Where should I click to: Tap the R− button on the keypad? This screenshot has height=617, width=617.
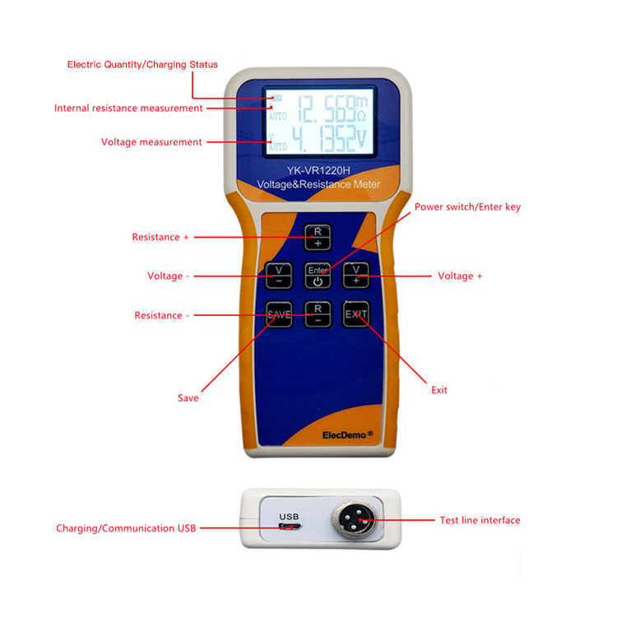click(318, 314)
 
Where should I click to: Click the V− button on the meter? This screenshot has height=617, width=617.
click(278, 275)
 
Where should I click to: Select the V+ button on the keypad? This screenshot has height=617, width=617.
click(356, 275)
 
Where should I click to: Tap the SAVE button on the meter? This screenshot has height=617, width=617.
click(278, 314)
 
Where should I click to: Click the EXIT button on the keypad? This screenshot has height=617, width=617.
click(356, 314)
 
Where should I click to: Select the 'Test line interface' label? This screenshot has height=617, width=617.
click(480, 520)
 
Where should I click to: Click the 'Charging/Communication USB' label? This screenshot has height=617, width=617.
click(126, 528)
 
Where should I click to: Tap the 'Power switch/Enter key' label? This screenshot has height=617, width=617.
click(467, 206)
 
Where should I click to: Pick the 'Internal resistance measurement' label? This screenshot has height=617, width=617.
click(128, 108)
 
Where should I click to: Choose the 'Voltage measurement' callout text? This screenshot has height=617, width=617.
click(151, 142)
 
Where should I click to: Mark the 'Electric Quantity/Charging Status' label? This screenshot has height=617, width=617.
click(142, 64)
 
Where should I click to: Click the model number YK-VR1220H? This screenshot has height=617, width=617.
click(318, 171)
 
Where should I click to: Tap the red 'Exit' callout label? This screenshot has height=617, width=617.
click(439, 390)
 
